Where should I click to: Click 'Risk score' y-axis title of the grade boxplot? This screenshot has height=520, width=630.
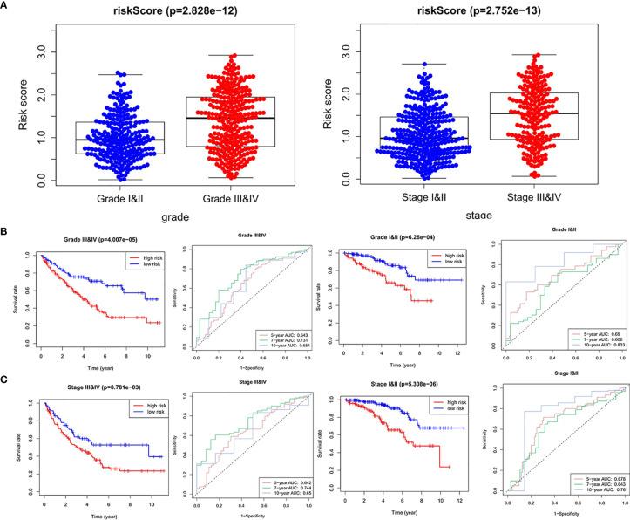[x=19, y=98]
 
